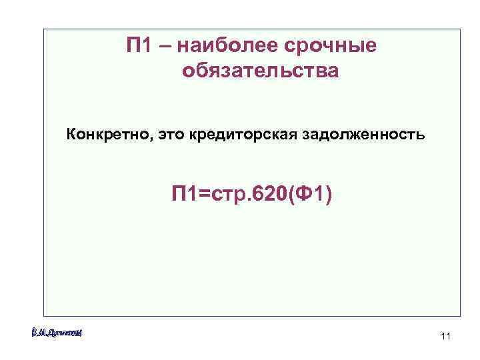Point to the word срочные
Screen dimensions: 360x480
330,47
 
